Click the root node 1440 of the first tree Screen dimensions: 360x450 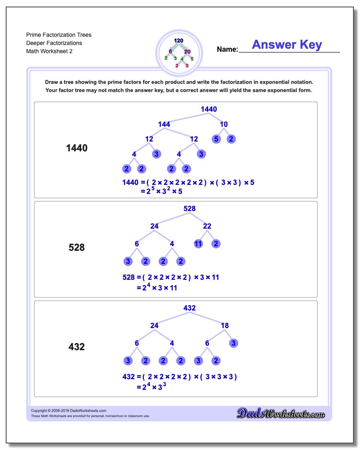click(x=209, y=109)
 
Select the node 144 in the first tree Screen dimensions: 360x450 click(x=164, y=124)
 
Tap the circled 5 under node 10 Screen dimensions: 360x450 click(x=216, y=139)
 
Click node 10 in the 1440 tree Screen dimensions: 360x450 click(x=224, y=124)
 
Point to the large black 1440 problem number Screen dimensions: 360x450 click(x=76, y=148)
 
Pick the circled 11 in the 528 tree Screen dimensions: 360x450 click(x=198, y=244)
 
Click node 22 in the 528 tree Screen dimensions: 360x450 click(x=207, y=226)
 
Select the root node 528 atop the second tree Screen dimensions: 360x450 click(x=189, y=209)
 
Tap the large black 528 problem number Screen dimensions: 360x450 click(x=76, y=248)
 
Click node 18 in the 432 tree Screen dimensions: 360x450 click(x=225, y=326)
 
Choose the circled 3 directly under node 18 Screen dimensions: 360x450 click(x=234, y=343)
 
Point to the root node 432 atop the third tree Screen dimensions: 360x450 click(x=189, y=308)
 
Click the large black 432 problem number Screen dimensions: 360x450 click(x=76, y=346)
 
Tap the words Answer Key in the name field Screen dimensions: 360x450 click(x=287, y=45)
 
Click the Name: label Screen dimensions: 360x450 click(x=227, y=49)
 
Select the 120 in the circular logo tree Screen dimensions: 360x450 click(x=178, y=41)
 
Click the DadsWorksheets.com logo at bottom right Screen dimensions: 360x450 click(x=281, y=413)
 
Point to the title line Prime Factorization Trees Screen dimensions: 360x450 click(x=59, y=35)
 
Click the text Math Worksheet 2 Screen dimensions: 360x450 click(x=49, y=51)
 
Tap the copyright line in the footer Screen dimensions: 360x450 click(x=69, y=411)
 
